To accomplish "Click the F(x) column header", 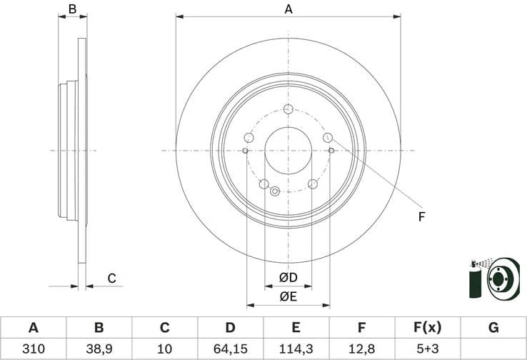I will (428, 328).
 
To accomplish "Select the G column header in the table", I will (493, 328).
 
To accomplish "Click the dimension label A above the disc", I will (288, 9).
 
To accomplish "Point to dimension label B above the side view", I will (71, 9).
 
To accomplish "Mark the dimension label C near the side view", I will (111, 278).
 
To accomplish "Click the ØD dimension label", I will (288, 277).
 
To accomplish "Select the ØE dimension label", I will (288, 296).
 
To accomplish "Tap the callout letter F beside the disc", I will (421, 216).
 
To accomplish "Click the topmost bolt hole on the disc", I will (288, 109).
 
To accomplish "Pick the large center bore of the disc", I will (288, 151).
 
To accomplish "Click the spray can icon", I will (474, 280).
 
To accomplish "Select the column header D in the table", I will (231, 328).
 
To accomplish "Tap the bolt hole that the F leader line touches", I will (328, 137).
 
